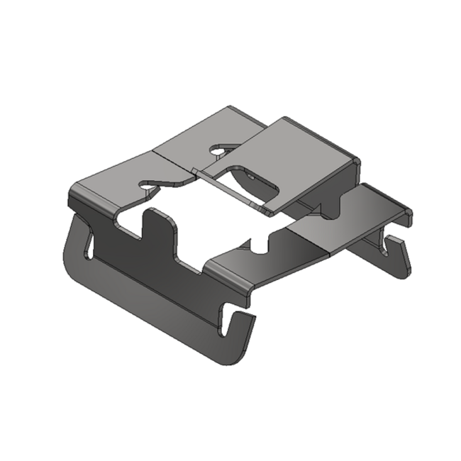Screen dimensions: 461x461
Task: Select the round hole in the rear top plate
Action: coord(218,150)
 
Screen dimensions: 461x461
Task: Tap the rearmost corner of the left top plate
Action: coord(228,109)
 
